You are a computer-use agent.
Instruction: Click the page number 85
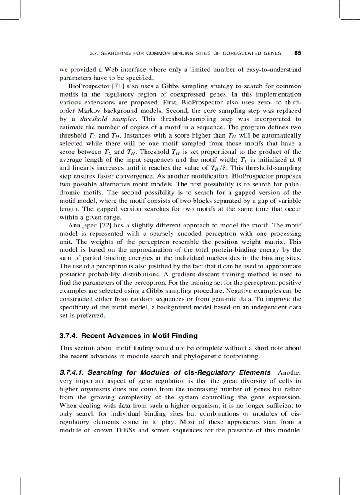[297, 53]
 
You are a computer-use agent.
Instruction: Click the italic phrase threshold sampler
[99, 119]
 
